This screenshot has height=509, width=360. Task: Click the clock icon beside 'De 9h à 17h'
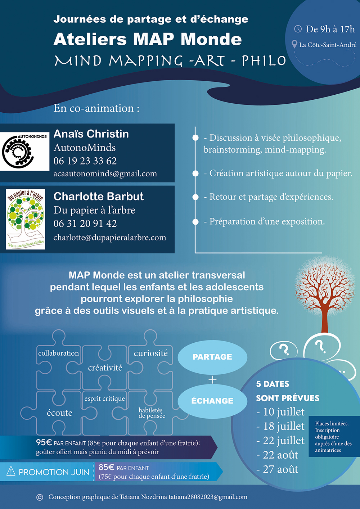click(298, 29)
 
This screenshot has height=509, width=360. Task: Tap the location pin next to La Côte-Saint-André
click(294, 44)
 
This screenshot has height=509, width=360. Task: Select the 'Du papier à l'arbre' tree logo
click(26, 219)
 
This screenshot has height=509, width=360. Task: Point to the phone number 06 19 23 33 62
click(85, 161)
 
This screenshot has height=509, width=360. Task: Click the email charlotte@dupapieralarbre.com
click(110, 238)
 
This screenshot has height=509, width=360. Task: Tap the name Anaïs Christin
click(91, 134)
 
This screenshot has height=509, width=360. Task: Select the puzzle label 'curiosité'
click(151, 353)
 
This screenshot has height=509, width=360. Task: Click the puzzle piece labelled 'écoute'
click(59, 413)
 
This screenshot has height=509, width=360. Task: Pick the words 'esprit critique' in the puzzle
click(104, 398)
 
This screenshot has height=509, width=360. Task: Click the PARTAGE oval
click(212, 357)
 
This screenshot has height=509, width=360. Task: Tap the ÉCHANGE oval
click(212, 401)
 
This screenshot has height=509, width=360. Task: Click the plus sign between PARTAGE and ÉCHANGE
click(212, 379)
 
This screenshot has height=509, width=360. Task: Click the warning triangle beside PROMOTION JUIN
click(11, 471)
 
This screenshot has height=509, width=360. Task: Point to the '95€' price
click(44, 442)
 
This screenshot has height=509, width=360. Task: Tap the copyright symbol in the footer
click(40, 497)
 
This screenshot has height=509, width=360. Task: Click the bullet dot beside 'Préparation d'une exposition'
click(195, 222)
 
